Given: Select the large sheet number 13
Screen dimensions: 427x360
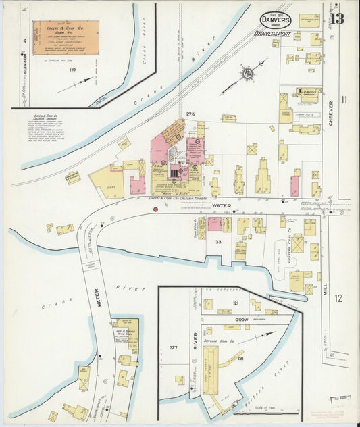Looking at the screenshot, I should coord(336,18).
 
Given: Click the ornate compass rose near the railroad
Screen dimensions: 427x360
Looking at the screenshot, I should coord(247,71).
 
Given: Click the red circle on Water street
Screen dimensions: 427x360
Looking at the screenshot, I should coord(155,210).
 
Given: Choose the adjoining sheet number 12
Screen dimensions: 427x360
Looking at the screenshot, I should coord(338,298).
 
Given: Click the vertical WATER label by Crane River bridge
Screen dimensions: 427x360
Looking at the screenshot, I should coord(97,298).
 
